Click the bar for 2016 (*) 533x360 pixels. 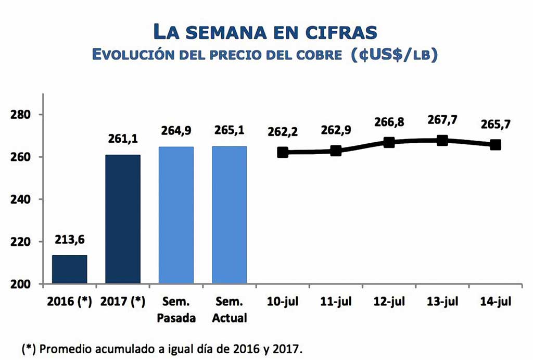(x=69, y=269)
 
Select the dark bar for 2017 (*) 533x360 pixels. (x=123, y=219)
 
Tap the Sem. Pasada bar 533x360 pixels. (x=176, y=215)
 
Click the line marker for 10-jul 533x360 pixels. (x=283, y=152)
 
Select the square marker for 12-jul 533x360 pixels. (x=389, y=142)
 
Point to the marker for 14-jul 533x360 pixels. (x=496, y=145)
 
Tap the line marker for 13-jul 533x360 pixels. (x=442, y=140)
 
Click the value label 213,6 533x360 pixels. (x=69, y=240)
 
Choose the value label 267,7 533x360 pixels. (x=442, y=120)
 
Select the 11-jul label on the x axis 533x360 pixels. (x=336, y=302)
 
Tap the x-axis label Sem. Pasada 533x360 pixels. (x=176, y=309)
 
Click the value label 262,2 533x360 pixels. (x=283, y=132)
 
